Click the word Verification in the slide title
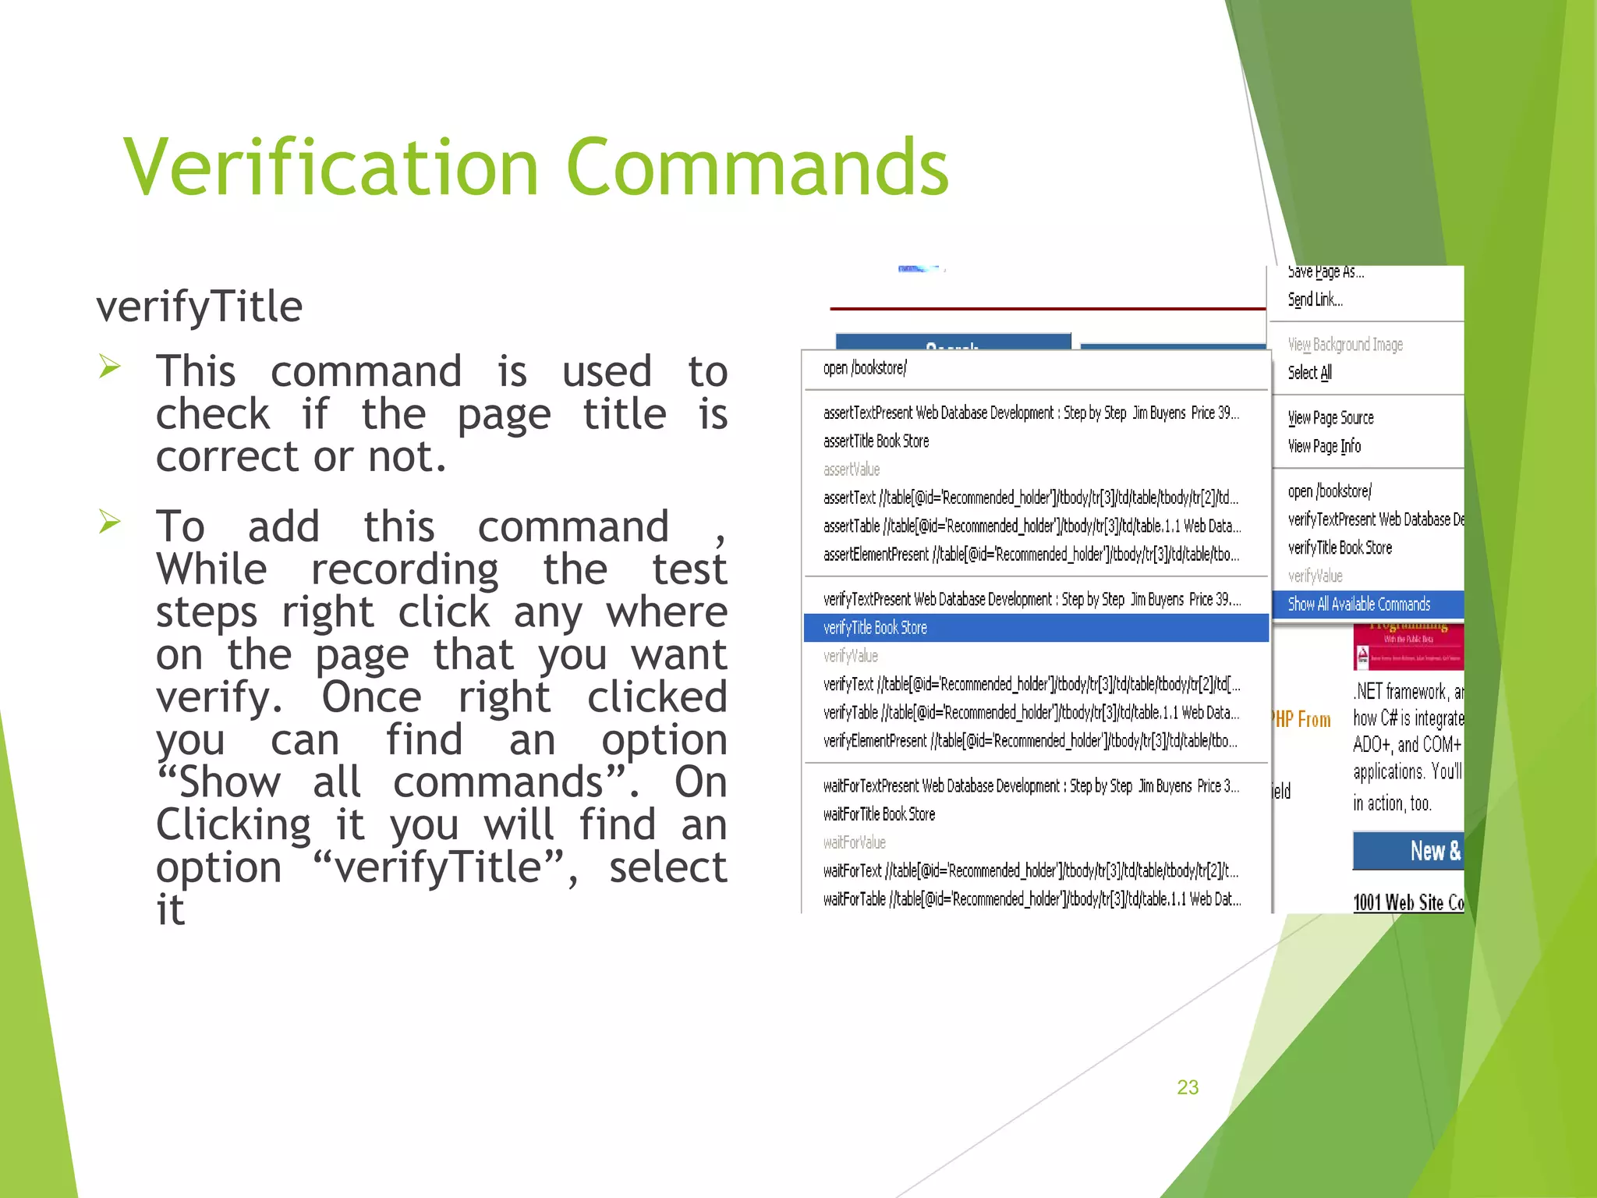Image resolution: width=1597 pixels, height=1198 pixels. [331, 167]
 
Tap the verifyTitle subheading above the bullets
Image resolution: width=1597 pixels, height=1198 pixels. [200, 306]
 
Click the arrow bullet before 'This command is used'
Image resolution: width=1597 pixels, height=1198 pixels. [110, 366]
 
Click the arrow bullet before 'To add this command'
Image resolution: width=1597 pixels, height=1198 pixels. [110, 521]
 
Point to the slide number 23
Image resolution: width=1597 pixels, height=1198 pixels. [1188, 1087]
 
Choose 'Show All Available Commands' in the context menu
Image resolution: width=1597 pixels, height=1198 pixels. [1359, 604]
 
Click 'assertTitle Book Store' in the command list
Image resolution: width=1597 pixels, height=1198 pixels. [876, 441]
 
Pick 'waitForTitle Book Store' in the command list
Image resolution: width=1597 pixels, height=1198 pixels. [879, 814]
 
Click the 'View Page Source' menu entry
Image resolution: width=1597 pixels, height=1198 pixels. [1330, 418]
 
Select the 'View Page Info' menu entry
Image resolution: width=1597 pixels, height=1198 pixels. [1324, 446]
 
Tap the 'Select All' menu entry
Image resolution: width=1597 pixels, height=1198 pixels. [1309, 373]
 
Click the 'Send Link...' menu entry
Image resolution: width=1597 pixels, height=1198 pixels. [1315, 299]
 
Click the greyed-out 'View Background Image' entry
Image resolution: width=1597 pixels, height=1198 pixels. [1345, 345]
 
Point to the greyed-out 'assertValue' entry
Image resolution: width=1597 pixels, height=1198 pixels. [852, 470]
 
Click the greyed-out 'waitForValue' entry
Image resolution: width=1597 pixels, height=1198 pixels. [854, 842]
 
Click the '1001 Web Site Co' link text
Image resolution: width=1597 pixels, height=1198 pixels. [1408, 902]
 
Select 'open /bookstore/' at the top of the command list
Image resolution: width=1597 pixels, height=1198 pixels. [865, 368]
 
